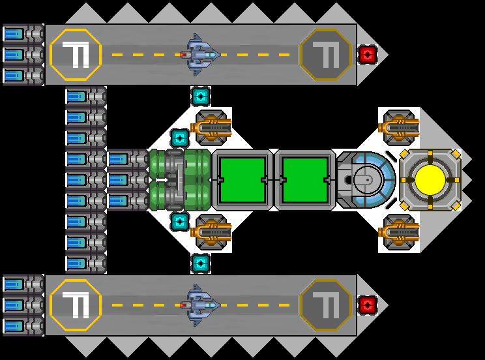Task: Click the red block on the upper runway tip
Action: (368, 54)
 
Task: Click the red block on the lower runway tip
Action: (368, 305)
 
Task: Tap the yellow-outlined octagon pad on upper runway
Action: (76, 54)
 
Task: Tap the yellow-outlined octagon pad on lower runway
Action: (76, 305)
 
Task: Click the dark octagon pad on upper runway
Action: (325, 54)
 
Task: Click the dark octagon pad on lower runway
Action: (325, 305)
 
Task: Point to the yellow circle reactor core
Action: (430, 179)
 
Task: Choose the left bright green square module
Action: (242, 179)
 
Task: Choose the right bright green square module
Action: (304, 179)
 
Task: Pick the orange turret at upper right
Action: (399, 127)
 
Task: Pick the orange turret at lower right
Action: (399, 232)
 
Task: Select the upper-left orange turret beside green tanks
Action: (211, 127)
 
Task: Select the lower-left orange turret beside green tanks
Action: (211, 232)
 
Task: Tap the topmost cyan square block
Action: (201, 96)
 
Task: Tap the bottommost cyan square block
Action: (201, 263)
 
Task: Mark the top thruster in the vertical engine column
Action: (85, 96)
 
